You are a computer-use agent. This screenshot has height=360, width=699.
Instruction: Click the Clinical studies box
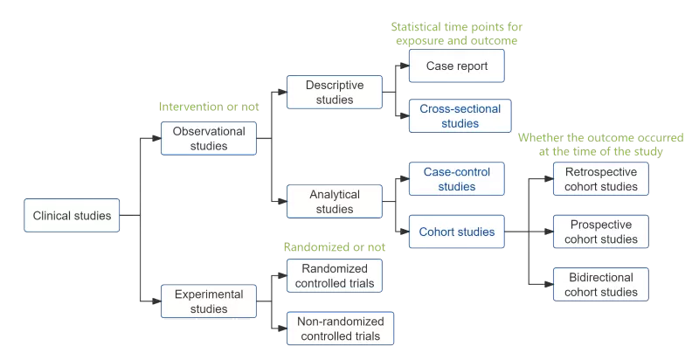73,216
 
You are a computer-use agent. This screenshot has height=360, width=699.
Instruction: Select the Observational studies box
209,139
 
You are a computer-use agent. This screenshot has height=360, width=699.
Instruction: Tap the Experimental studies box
209,301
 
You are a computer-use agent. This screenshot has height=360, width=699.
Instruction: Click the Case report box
457,66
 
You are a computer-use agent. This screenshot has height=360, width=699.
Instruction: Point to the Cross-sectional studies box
460,116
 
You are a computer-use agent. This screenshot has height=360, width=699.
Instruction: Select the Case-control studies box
457,179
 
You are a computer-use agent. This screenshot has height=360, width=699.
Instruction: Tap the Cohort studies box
457,232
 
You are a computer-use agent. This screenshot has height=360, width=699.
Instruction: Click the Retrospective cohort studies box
601,178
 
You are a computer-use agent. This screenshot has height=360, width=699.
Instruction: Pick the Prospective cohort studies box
601,232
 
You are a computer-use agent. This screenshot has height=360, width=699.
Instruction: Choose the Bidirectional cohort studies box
601,285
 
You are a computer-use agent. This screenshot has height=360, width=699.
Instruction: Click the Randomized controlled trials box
335,275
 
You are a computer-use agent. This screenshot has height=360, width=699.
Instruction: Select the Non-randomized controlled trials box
340,328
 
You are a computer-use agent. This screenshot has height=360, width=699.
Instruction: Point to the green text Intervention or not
209,107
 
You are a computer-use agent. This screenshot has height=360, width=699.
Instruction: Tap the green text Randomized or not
335,247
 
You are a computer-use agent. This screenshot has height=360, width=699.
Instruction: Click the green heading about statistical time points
457,33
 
